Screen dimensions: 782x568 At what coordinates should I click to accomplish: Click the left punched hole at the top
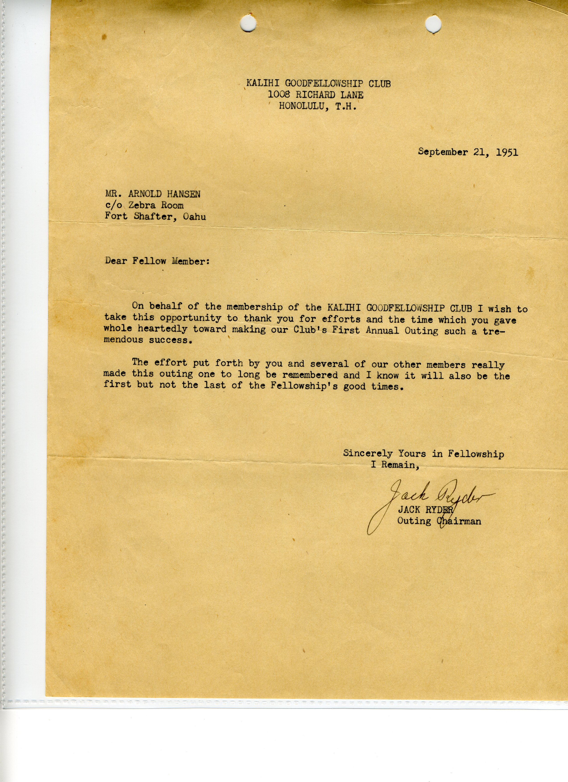click(x=248, y=23)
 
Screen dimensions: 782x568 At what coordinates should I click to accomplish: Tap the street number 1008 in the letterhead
click(x=279, y=94)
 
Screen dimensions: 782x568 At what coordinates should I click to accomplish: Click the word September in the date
click(x=443, y=152)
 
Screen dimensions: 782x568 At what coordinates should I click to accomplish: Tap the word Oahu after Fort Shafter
click(x=194, y=217)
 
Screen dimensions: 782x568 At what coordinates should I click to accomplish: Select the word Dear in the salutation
click(x=116, y=261)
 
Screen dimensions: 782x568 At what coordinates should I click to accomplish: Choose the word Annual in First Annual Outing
click(x=382, y=331)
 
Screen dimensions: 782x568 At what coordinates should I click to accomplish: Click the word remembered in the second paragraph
click(x=310, y=375)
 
